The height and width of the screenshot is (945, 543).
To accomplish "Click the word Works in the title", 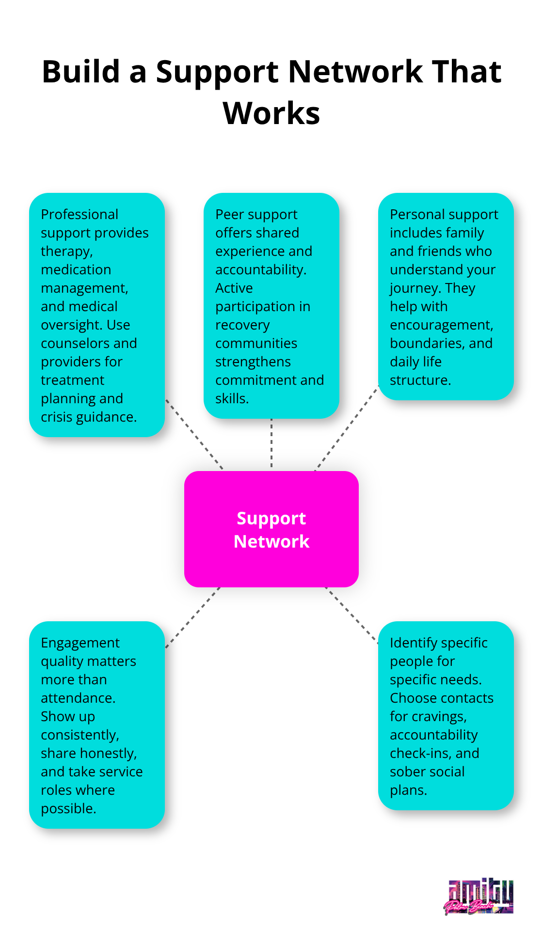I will click(271, 113).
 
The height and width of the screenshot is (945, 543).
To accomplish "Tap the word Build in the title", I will click(81, 72).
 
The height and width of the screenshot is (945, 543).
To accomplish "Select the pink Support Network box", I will click(271, 529).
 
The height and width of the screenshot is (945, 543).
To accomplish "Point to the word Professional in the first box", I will click(80, 214).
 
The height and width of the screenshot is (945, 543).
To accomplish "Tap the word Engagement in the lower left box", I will click(80, 643).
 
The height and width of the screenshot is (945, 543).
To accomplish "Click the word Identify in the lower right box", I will click(412, 643).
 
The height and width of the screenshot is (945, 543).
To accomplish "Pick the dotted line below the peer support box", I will click(271, 443).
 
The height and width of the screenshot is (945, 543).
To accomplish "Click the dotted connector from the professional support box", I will click(194, 434).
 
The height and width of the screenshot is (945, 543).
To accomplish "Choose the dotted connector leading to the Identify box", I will click(351, 615).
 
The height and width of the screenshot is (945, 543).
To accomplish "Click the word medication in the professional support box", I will click(76, 269).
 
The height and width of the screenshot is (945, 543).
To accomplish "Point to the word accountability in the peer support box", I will click(260, 269).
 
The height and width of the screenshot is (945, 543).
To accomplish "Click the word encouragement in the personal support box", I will click(441, 325).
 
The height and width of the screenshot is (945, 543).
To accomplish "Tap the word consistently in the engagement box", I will click(80, 735).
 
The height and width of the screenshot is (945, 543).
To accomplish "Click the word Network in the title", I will click(355, 72).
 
